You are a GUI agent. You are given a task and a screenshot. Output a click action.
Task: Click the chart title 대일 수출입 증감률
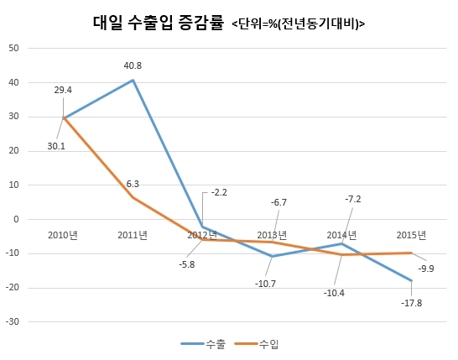click(x=159, y=23)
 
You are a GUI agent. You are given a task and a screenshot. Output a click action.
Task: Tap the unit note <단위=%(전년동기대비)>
click(x=299, y=24)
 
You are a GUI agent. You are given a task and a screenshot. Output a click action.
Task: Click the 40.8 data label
click(x=133, y=65)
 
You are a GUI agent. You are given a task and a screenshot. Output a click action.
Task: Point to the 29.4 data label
click(x=63, y=90)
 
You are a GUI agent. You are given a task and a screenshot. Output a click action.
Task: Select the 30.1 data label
click(x=56, y=146)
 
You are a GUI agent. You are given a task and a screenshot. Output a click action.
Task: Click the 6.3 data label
click(x=133, y=184)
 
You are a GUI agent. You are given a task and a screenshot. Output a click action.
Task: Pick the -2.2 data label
click(x=219, y=192)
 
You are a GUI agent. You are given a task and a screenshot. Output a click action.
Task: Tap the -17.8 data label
click(x=412, y=303)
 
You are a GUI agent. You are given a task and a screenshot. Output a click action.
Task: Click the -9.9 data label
click(x=426, y=269)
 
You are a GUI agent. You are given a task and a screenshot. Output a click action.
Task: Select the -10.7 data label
click(x=265, y=284)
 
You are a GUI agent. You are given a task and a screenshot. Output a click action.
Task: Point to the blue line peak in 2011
click(x=133, y=80)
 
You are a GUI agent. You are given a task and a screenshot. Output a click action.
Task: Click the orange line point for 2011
click(x=133, y=198)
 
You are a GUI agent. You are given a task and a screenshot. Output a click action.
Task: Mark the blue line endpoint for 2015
click(x=412, y=280)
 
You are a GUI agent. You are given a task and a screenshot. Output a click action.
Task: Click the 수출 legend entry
click(x=203, y=344)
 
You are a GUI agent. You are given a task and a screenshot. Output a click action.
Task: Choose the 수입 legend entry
click(x=257, y=344)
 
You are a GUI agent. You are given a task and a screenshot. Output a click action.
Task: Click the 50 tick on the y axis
click(x=13, y=48)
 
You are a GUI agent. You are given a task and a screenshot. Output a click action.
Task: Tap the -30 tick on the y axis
click(x=13, y=321)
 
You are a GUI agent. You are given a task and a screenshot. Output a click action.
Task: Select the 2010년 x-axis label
click(x=63, y=235)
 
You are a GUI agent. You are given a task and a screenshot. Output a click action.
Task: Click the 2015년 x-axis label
click(x=411, y=235)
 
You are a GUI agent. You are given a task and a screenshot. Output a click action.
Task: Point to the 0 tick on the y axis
click(x=16, y=219)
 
